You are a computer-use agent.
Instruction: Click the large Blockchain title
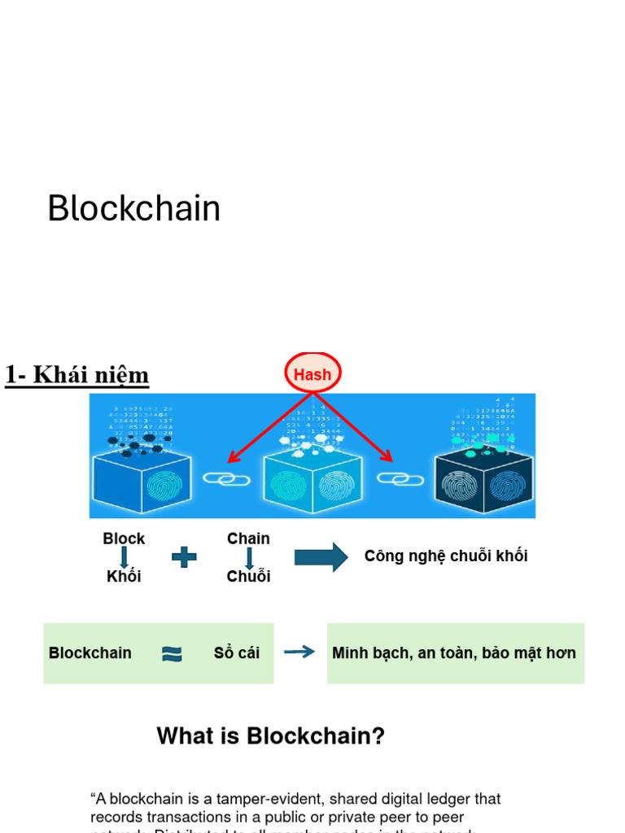pos(133,209)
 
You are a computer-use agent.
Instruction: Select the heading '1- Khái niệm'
pos(77,375)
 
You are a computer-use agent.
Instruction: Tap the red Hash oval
pos(312,374)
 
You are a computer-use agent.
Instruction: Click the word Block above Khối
pos(124,539)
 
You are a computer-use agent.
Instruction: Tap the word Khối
pos(124,577)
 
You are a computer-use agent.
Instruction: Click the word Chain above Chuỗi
pos(248,539)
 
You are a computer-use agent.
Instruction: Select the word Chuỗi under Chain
pos(248,577)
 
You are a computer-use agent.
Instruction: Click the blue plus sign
pos(184,557)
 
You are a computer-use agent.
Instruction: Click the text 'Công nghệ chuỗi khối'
pos(446,556)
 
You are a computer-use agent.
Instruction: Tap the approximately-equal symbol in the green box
pos(172,653)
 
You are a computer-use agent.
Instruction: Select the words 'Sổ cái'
pos(237,653)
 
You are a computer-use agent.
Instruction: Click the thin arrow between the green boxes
pos(299,652)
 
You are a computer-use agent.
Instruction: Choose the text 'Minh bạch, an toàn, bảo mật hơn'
pos(454,653)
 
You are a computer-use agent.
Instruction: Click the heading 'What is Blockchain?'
pos(270,736)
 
